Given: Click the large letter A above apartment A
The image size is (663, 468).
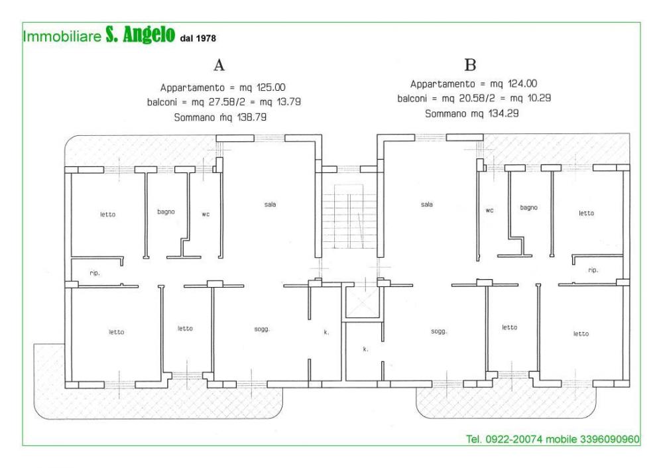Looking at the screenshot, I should (219, 66).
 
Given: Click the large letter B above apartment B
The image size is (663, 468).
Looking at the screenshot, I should (470, 65).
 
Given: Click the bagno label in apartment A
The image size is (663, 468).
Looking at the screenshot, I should (166, 212).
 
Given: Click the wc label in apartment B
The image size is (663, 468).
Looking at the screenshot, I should (490, 210).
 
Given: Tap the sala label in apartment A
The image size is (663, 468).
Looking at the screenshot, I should (270, 204).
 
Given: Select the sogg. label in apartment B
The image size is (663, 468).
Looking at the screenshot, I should (438, 331).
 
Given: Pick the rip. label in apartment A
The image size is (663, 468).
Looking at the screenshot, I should (94, 273).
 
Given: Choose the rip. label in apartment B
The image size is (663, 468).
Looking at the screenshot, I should (593, 270).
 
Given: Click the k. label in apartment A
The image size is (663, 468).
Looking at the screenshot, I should (326, 331).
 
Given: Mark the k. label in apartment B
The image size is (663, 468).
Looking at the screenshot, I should (365, 348).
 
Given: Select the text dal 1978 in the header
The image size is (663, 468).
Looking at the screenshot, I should (198, 38).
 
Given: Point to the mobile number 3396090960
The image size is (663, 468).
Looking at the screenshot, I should (607, 439).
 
